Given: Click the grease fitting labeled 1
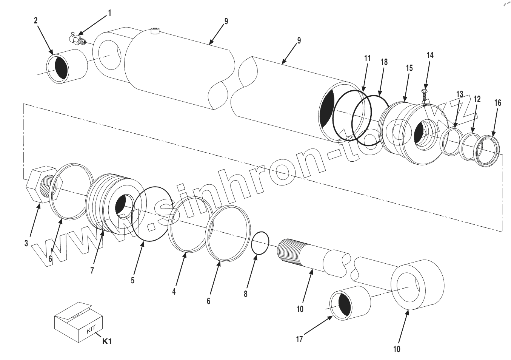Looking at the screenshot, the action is (77, 39).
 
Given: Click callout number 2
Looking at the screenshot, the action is (36, 21).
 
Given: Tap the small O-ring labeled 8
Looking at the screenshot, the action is (260, 244).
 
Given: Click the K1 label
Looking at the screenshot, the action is (107, 341).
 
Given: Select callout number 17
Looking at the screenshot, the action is (299, 339).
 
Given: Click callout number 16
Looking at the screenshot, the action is (498, 103).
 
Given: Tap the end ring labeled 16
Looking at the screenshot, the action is (488, 151).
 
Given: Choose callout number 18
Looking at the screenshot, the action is (384, 62).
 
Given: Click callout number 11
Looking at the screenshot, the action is (368, 59).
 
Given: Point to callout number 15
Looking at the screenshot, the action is (409, 68).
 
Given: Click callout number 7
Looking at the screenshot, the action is (92, 270).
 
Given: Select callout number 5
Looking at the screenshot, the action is (133, 280).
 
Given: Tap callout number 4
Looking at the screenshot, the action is (174, 292).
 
